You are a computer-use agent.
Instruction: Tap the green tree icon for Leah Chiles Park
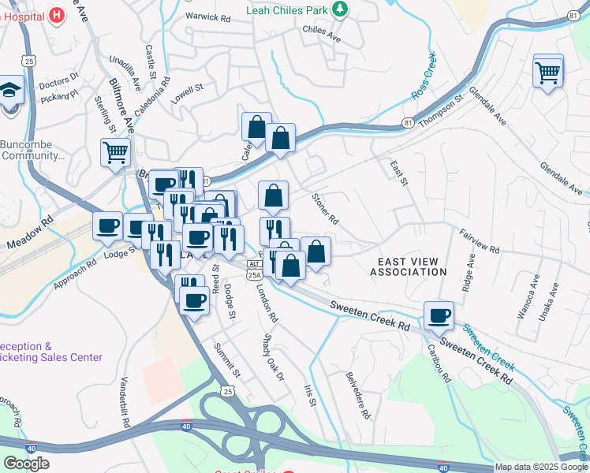340,9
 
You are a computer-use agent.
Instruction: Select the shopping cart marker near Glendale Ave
547,73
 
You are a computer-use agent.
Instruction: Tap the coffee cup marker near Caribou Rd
439,315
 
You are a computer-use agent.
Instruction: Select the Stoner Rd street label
325,208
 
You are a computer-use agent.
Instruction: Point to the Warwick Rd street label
207,17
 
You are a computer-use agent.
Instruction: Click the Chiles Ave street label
321,34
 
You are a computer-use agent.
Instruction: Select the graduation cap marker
11,90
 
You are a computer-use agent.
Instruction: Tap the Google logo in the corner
26,464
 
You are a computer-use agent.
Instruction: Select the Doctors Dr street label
59,79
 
